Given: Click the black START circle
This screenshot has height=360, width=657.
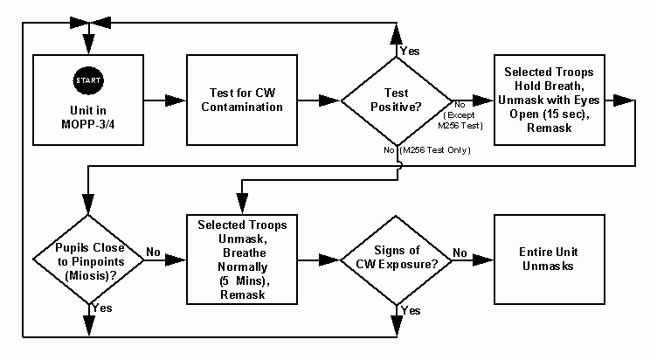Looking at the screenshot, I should (90, 80).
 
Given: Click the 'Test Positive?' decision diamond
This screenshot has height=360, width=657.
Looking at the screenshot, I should (398, 100).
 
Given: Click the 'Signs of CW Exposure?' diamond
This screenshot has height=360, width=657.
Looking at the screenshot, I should (398, 260).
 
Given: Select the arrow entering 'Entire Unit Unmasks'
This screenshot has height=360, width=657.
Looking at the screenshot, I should (479, 260).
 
